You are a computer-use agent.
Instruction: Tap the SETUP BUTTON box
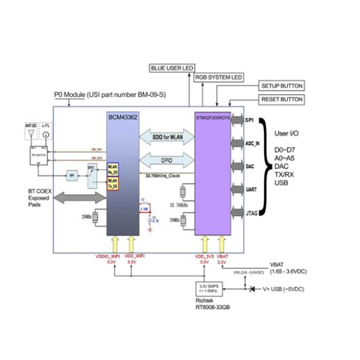(x=281, y=86)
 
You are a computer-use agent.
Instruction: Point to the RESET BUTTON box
(x=281, y=99)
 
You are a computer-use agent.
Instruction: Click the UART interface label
(x=251, y=190)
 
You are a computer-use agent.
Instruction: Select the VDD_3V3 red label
(x=205, y=255)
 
